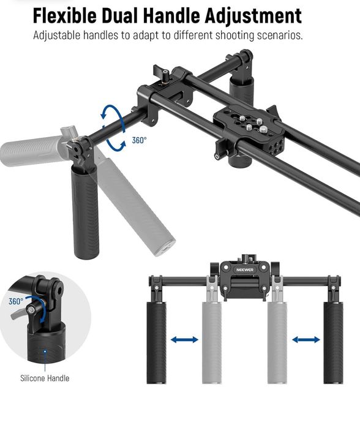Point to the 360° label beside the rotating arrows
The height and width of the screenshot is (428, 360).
(140, 140)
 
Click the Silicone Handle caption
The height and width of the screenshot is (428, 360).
(45, 378)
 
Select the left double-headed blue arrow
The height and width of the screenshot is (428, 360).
(184, 339)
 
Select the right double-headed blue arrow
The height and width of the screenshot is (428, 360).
(306, 339)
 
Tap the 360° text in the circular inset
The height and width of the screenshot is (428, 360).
(15, 301)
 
